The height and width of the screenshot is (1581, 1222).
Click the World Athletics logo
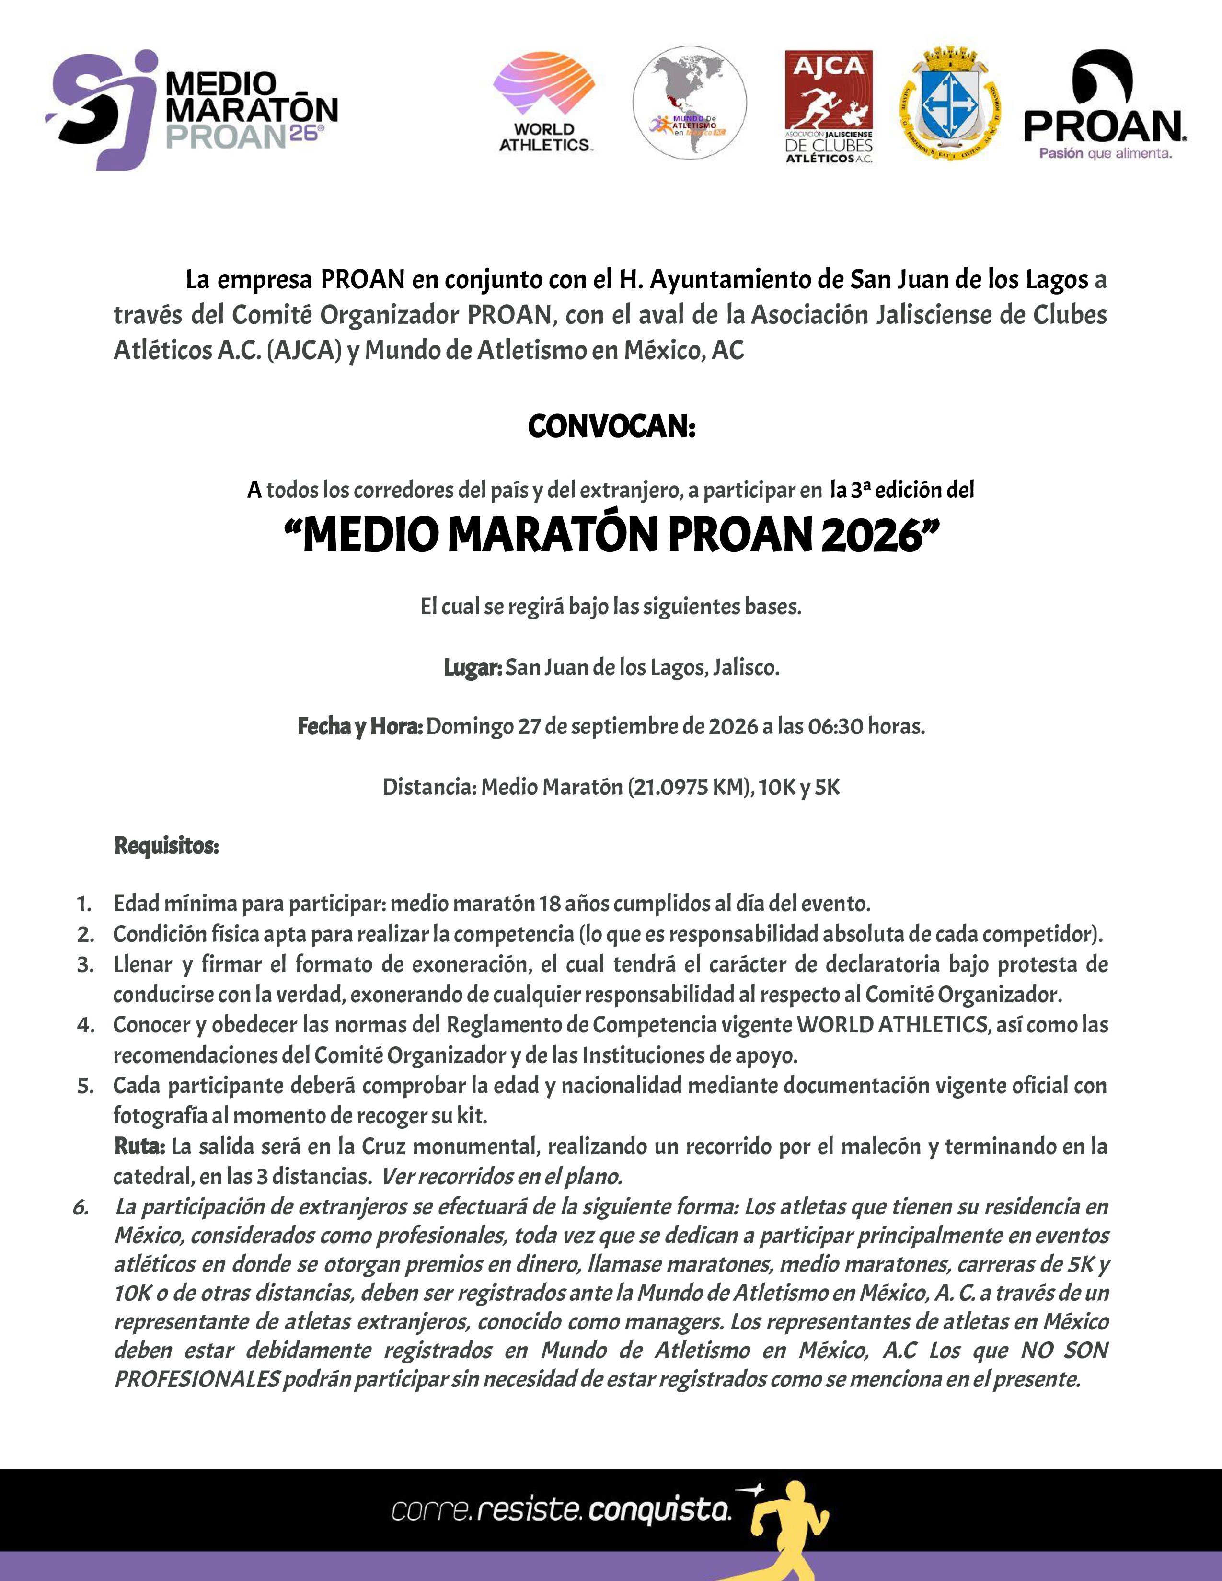point(544,102)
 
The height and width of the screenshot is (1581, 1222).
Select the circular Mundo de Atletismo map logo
point(689,103)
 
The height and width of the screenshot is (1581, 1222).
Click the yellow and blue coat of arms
point(950,104)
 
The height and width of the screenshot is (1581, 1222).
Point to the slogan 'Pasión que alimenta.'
point(1105,153)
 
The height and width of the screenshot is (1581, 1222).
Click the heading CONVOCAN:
point(611,427)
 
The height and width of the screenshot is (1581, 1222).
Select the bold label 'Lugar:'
point(472,667)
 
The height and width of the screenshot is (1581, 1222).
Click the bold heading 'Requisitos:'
point(166,846)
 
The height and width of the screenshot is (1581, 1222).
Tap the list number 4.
point(85,1026)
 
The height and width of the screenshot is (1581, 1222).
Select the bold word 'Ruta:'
point(140,1146)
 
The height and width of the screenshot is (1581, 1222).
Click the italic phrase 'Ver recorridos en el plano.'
point(502,1176)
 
